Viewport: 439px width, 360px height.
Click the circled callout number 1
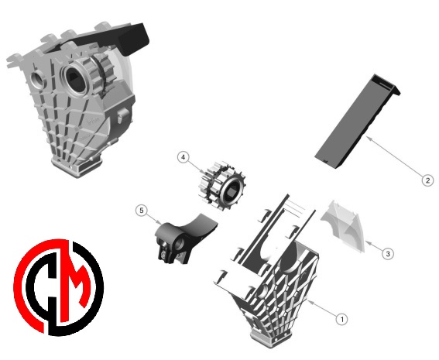pos(341,319)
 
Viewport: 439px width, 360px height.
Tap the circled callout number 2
pos(427,180)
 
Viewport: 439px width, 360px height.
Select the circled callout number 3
pos(388,254)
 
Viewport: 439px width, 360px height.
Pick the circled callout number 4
pos(183,157)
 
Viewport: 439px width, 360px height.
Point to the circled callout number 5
pos(142,211)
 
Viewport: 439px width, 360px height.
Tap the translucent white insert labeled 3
pos(343,226)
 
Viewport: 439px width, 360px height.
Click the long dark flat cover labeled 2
pos(357,122)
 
